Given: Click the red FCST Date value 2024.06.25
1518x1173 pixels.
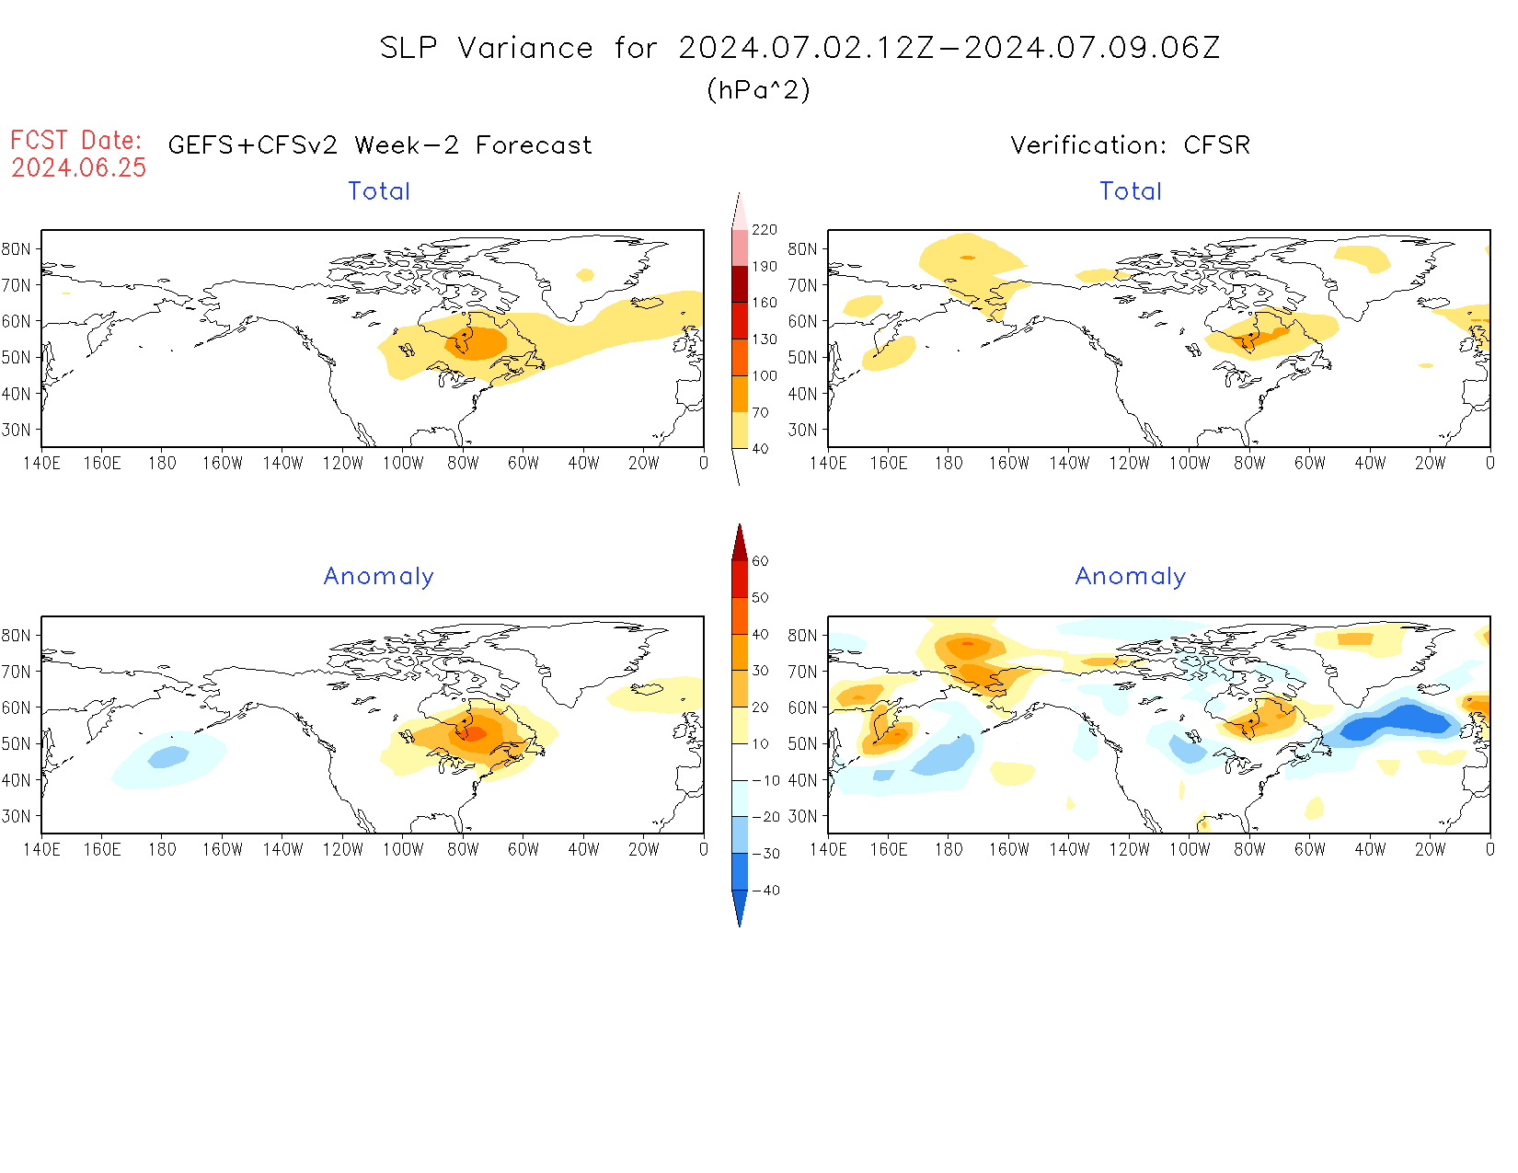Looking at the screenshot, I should coord(79,167).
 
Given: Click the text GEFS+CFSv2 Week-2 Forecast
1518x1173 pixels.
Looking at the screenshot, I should coord(380,145).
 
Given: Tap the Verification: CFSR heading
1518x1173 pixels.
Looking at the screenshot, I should coord(1130,145).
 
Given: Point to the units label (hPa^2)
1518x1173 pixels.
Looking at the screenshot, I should coord(758,89).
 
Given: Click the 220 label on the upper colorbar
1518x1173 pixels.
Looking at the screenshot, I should coord(764,230).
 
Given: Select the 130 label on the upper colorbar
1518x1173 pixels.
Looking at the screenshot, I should coord(764,339).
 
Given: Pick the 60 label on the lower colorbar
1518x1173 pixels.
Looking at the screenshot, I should coord(760,561).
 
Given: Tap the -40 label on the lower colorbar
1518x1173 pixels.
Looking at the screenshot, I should coord(765,891).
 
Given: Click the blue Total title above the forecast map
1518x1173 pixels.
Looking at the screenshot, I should coord(379,191).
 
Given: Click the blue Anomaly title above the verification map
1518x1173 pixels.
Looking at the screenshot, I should coord(1130,577).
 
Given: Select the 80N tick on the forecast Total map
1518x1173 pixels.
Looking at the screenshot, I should coord(16,249).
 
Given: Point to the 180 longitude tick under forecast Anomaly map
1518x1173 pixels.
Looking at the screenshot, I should coord(162,850).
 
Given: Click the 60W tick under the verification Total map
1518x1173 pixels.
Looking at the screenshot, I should coord(1309,464).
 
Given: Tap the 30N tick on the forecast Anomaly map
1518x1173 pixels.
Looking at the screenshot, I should coord(16,817).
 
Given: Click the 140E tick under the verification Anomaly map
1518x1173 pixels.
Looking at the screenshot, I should coord(828,850).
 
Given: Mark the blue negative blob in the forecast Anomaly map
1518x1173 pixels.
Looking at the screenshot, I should coord(168,757).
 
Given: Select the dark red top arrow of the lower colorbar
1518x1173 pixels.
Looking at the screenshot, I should coord(740,543).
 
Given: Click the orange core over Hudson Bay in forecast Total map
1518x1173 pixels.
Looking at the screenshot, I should coord(476,342).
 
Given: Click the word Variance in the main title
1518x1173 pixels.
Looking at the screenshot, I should coord(525,48).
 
